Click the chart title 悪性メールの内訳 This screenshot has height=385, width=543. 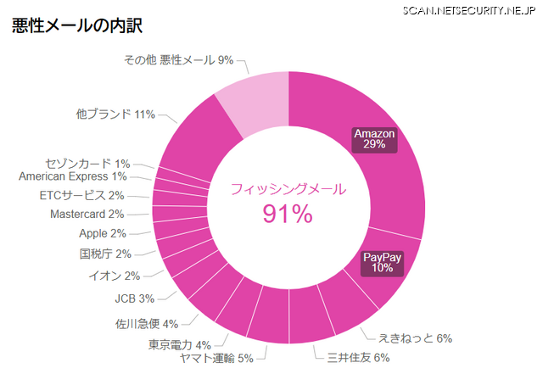(x=76, y=25)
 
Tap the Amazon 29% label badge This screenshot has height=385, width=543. (x=375, y=139)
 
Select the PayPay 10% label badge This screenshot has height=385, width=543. (x=382, y=263)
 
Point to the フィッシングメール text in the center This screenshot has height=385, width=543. (x=288, y=190)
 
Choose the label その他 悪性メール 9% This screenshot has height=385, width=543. (x=178, y=60)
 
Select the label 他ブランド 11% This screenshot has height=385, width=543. (x=115, y=114)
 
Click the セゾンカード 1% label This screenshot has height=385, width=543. (x=87, y=164)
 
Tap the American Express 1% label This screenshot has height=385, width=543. (x=73, y=176)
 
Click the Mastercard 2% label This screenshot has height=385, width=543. (x=87, y=214)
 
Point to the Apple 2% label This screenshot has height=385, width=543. (x=103, y=233)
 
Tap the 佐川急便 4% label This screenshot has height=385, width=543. (x=147, y=323)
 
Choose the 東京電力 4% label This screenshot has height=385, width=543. (x=180, y=345)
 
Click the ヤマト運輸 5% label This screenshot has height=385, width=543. (x=216, y=358)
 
